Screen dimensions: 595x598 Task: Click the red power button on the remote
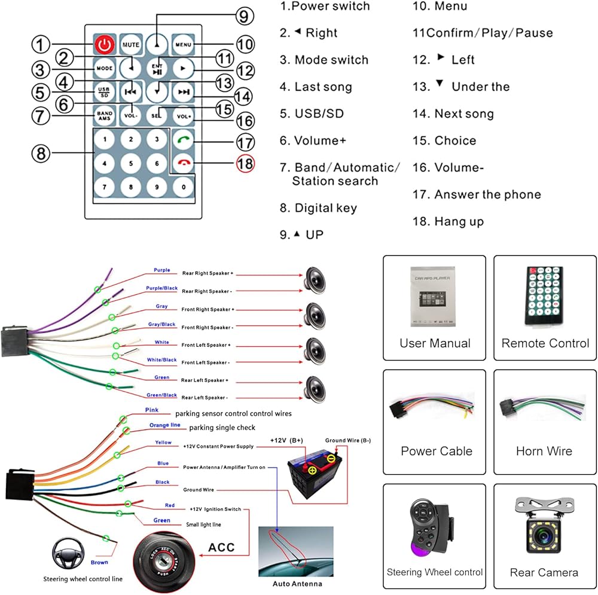coord(105,44)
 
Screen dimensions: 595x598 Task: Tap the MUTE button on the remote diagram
coord(130,44)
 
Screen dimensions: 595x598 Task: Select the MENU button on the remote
coord(182,44)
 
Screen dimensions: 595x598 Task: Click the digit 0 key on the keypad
coord(182,187)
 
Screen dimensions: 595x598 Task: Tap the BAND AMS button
coord(105,115)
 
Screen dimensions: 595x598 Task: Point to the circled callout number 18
coord(245,163)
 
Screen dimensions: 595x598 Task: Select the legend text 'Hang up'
coord(459,221)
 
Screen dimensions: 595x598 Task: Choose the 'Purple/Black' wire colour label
coord(162,288)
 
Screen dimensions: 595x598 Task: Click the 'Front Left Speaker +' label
coord(206,345)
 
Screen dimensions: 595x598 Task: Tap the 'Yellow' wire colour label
coord(163,443)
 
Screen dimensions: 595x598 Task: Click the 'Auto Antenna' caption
coord(297,584)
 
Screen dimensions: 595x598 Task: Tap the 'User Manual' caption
coord(435,343)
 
